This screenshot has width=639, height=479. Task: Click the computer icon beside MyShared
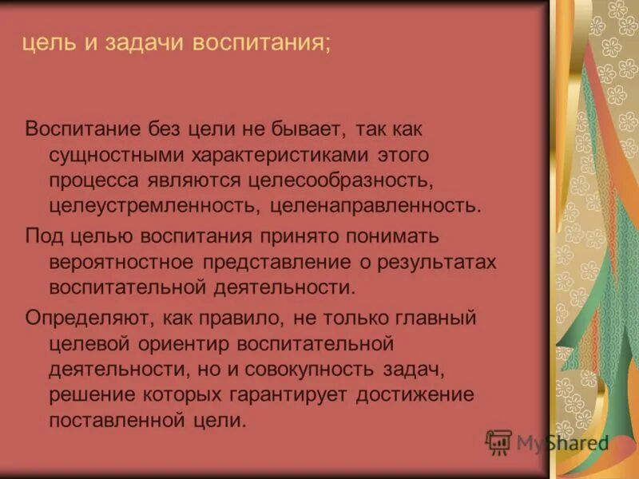click(x=498, y=441)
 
